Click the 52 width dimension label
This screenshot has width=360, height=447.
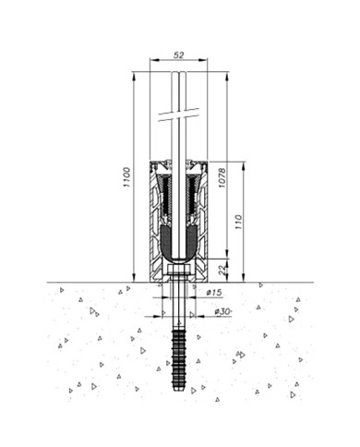point(178,55)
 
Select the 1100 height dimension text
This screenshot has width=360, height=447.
point(126,177)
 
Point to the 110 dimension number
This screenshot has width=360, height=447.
point(238,222)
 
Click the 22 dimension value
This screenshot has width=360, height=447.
point(222,270)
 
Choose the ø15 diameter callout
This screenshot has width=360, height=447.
point(214,293)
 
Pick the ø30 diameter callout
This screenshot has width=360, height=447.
point(222,311)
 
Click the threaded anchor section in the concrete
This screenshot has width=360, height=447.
point(179,359)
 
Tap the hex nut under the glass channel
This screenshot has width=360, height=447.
point(179,271)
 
